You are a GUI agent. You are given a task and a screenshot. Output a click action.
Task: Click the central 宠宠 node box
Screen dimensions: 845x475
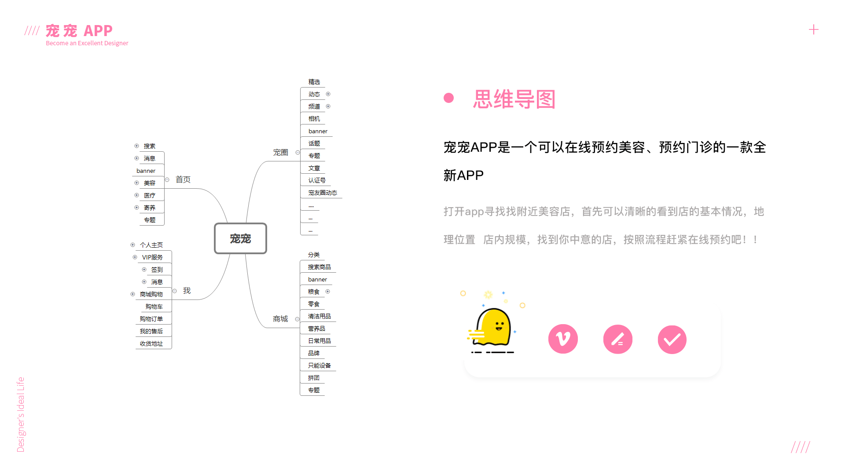(240, 238)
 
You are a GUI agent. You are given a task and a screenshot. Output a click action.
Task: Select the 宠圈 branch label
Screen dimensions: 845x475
(280, 152)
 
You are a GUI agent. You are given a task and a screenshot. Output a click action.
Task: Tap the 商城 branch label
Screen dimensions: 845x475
(280, 319)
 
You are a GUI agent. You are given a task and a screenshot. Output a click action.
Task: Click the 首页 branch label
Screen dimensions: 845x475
(183, 179)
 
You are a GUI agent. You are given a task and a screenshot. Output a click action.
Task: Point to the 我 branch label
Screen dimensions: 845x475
(187, 291)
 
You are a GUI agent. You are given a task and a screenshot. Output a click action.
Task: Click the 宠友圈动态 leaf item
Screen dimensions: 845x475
(323, 193)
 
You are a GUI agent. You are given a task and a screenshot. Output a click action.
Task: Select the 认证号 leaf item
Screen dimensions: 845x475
(317, 180)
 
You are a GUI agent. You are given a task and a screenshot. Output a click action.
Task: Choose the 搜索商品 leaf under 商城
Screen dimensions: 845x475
(319, 267)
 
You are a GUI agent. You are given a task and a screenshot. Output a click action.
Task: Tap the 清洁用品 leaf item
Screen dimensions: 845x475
(319, 316)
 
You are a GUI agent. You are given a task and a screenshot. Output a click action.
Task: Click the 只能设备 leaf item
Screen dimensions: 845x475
(319, 365)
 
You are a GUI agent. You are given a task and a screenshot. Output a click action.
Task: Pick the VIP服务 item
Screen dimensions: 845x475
(152, 257)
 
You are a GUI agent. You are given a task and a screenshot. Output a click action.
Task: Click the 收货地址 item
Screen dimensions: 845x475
(151, 343)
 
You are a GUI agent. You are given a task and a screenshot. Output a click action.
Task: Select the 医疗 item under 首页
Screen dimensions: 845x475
(150, 195)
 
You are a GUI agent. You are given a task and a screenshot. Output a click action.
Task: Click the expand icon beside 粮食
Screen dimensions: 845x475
(327, 292)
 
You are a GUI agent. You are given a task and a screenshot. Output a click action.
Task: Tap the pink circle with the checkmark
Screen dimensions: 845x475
(672, 340)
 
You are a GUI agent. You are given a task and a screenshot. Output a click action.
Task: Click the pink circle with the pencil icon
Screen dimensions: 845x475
(617, 340)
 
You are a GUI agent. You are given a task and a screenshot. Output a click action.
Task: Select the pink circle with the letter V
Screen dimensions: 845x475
(563, 339)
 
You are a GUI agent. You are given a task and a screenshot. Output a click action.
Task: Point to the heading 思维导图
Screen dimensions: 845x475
(514, 99)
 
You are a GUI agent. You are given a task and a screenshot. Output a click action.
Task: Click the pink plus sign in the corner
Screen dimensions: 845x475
(814, 29)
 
